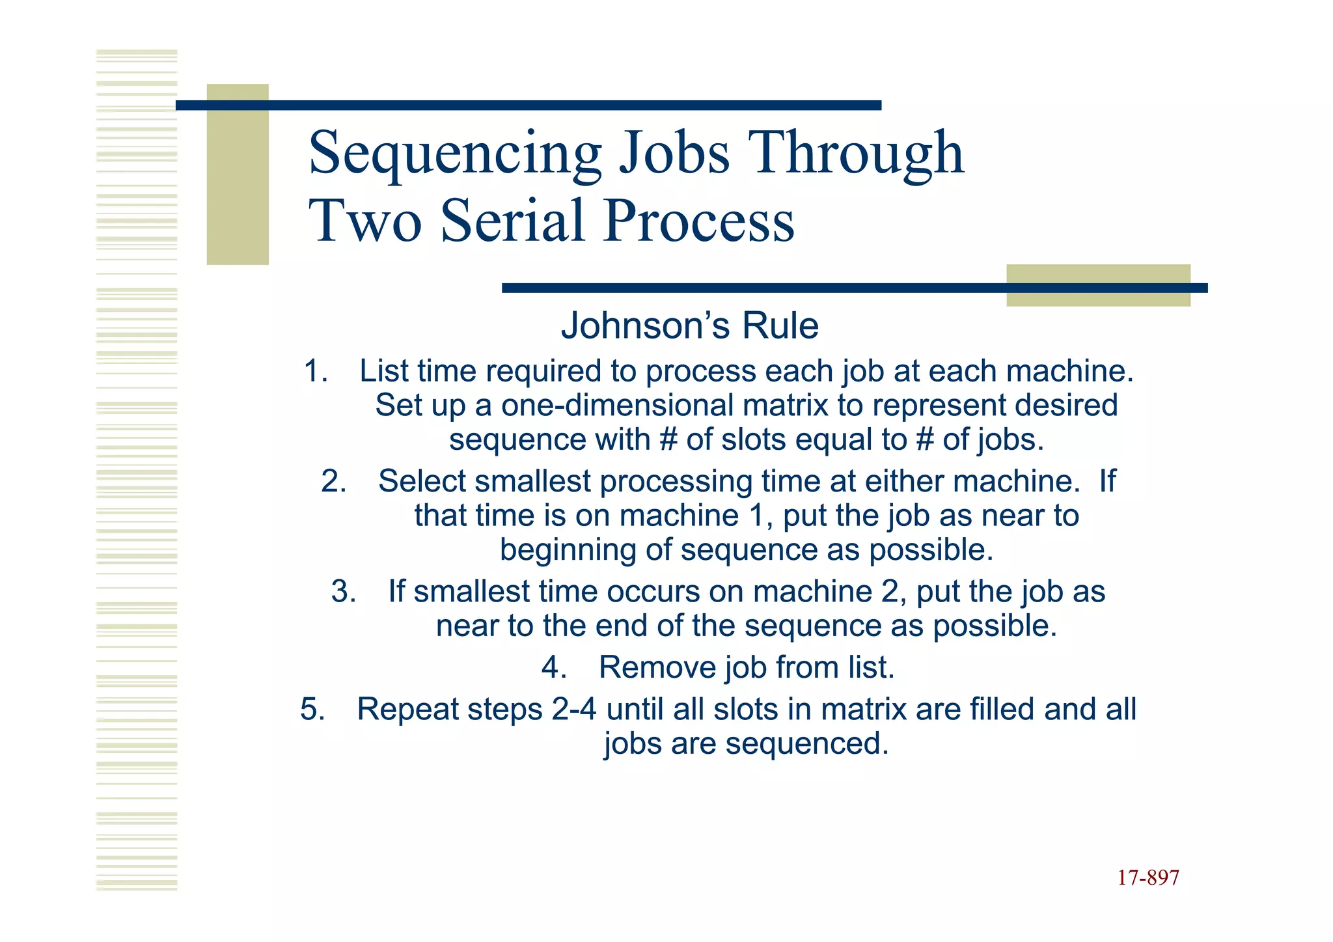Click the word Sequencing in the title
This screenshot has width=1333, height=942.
pyautogui.click(x=454, y=153)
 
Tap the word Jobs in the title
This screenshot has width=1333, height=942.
pyautogui.click(x=674, y=153)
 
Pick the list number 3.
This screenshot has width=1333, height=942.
pyautogui.click(x=343, y=592)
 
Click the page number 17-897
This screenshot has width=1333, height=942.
pyautogui.click(x=1148, y=878)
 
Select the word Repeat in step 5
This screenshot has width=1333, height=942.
pyautogui.click(x=407, y=709)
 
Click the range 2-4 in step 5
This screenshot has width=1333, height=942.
pyautogui.click(x=573, y=709)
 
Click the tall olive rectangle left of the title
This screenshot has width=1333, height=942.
pyautogui.click(x=238, y=174)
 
